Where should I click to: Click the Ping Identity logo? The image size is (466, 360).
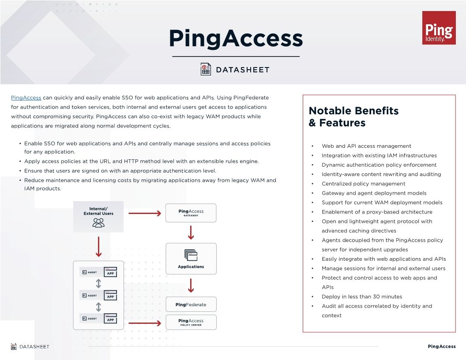[439, 28]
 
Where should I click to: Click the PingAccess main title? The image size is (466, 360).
[236, 38]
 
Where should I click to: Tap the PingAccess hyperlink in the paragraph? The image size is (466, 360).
[26, 97]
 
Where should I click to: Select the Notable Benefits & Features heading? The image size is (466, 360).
[353, 116]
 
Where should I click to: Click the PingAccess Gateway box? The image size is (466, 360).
[191, 213]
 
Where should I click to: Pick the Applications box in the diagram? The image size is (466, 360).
[191, 259]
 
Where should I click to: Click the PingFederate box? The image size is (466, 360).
[191, 304]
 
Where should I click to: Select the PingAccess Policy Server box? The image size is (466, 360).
[191, 322]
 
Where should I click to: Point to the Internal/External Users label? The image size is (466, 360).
[98, 211]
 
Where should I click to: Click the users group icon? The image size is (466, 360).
[98, 223]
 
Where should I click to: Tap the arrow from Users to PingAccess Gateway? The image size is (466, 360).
[145, 214]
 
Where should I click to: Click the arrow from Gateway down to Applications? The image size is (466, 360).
[191, 232]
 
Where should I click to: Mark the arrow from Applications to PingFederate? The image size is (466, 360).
[191, 285]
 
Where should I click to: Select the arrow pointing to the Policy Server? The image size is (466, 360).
[145, 324]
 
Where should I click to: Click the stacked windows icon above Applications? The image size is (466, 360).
[191, 255]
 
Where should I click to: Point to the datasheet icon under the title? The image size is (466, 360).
[206, 69]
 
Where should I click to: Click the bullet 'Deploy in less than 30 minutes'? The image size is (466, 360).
[362, 296]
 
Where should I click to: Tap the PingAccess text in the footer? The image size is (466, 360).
[441, 346]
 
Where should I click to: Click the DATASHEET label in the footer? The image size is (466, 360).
[34, 346]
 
